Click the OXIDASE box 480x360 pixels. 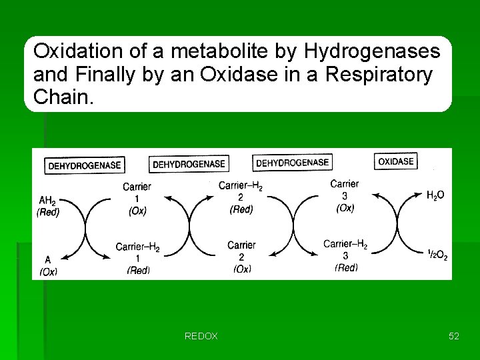(x=396, y=161)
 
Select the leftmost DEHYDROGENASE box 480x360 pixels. (x=84, y=165)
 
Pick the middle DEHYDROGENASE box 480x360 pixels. (x=190, y=163)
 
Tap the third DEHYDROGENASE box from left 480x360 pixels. (x=293, y=162)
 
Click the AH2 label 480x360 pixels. (x=47, y=200)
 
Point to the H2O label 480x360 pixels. (x=435, y=195)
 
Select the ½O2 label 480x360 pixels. (x=437, y=253)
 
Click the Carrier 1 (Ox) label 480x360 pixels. (x=137, y=198)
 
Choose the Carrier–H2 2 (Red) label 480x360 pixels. (x=241, y=197)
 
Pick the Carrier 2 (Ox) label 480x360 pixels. (x=241, y=257)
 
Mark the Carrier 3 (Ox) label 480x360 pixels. (x=345, y=195)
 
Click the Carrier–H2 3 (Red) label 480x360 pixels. (x=345, y=255)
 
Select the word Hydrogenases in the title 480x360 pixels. (x=372, y=51)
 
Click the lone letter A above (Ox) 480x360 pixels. (x=47, y=259)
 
